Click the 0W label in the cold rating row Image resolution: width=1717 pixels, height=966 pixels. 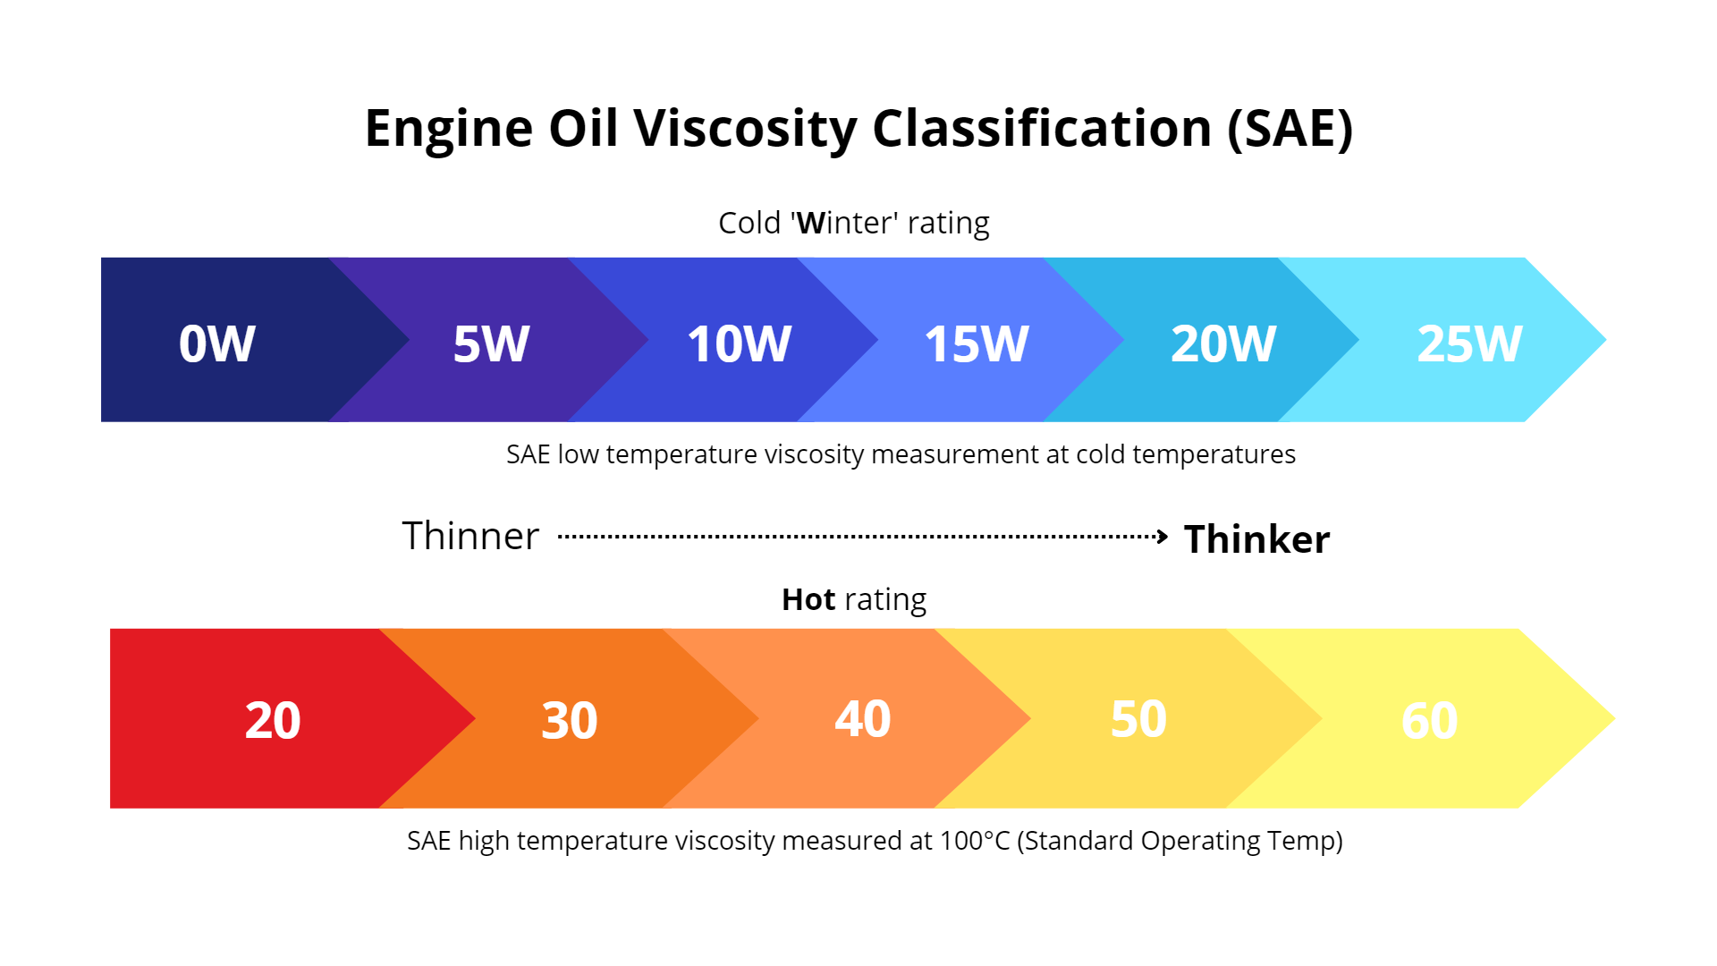[x=217, y=343]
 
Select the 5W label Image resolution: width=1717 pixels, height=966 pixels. [x=491, y=343]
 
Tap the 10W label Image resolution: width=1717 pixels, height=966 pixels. [x=739, y=343]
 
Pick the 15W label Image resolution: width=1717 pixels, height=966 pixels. [x=977, y=343]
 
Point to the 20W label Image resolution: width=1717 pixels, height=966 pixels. [x=1222, y=343]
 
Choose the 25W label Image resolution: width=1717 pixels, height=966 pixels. [x=1469, y=343]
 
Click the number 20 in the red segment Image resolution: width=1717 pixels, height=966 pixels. [x=273, y=720]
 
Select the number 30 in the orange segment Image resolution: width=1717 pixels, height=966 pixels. [x=569, y=720]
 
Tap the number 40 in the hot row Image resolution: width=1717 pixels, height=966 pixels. [x=862, y=718]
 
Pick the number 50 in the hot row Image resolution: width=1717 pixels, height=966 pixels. [x=1138, y=718]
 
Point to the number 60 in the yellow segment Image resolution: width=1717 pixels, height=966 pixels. [x=1429, y=720]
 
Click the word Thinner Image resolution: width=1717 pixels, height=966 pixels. [x=470, y=537]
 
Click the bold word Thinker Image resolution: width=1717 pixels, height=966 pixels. [x=1256, y=539]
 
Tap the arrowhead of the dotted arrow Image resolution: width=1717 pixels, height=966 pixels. [x=1162, y=537]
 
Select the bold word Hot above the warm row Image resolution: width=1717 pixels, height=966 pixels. [x=808, y=599]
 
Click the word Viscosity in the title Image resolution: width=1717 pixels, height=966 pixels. [x=745, y=128]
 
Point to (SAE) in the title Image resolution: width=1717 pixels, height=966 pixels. [x=1290, y=128]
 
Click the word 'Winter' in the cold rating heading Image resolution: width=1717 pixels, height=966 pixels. [x=845, y=223]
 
